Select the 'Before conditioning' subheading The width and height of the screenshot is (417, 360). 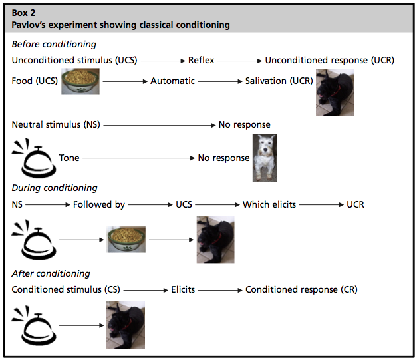point(54,44)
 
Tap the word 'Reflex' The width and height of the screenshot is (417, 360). point(202,60)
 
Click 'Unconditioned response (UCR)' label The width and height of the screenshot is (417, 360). point(329,60)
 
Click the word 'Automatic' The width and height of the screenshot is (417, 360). point(172,81)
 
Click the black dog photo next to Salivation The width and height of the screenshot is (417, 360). point(335,92)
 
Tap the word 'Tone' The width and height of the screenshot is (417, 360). point(69,158)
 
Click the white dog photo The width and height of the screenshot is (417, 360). point(264,158)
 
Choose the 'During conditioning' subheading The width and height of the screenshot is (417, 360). point(55,188)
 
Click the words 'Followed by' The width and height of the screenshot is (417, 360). point(99,204)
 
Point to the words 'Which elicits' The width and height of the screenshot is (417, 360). point(269,204)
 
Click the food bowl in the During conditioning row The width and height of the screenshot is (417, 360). point(127,239)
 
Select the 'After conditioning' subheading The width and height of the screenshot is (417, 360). point(51,273)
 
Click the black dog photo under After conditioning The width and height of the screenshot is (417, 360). point(126,325)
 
